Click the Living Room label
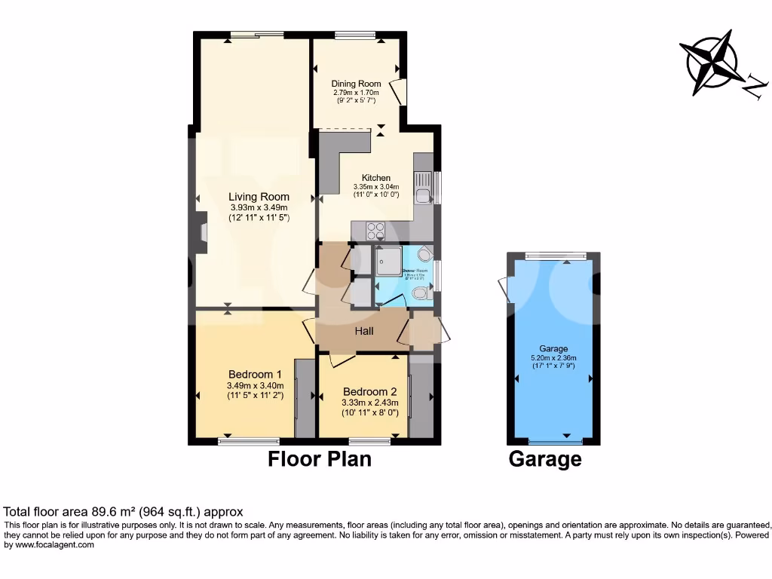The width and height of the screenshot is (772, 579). [259, 197]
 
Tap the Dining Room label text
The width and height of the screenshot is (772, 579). [357, 84]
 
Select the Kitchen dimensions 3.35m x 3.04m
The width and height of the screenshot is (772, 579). [376, 187]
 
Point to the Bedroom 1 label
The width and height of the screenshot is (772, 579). [255, 374]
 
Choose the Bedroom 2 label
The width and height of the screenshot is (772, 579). [369, 391]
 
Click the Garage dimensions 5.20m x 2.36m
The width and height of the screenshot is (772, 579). [553, 358]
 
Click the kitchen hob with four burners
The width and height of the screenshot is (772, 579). [375, 231]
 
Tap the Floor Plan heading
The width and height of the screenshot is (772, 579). [320, 459]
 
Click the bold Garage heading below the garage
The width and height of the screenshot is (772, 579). [545, 459]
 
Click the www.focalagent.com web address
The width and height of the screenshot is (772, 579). [50, 545]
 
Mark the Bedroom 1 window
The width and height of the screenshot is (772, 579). [249, 440]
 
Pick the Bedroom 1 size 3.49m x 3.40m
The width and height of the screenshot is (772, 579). [255, 386]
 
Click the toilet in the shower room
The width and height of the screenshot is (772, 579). [421, 296]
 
